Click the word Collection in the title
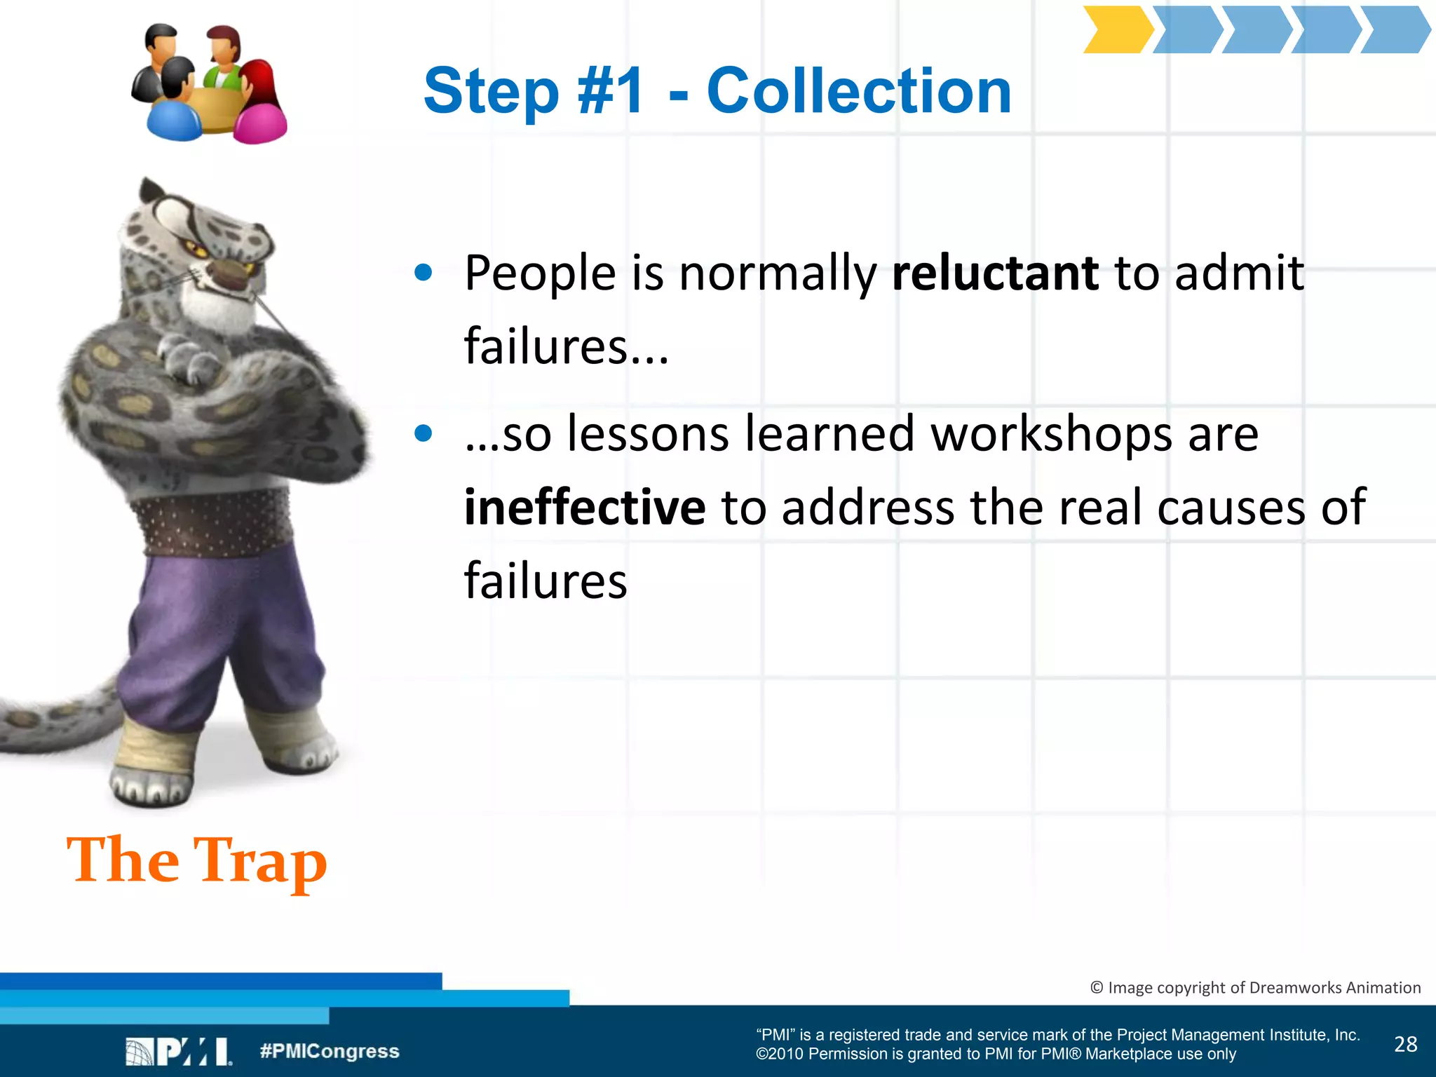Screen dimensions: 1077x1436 (859, 91)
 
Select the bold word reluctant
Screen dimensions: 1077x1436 (994, 273)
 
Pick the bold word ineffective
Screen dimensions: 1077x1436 (584, 507)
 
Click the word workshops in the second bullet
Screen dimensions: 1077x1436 (1051, 434)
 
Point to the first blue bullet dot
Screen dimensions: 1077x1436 (423, 272)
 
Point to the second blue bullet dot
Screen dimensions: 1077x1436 (423, 433)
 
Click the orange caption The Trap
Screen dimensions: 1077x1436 (196, 861)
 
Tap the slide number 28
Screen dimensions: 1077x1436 (1405, 1044)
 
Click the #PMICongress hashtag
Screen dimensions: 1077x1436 (329, 1051)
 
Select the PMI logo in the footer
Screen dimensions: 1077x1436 (179, 1052)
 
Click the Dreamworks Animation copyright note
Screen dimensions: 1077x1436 (1255, 987)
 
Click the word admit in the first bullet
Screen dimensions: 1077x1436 (1239, 273)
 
